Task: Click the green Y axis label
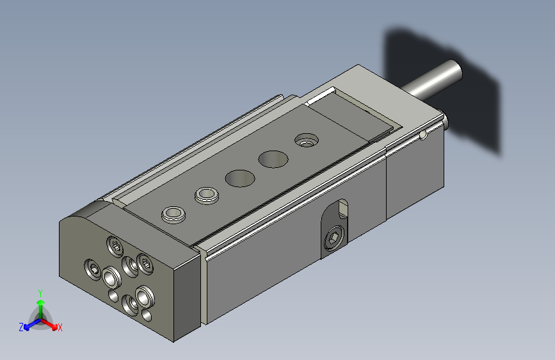tap(40, 293)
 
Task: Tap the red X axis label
tap(60, 327)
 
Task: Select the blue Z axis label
tap(21, 327)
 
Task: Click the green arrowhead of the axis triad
tap(41, 302)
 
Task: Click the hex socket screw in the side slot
tap(334, 238)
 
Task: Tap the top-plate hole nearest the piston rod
tap(307, 140)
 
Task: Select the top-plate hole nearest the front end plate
tap(173, 215)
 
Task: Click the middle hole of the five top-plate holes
tap(240, 178)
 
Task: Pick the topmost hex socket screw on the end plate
tap(115, 246)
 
